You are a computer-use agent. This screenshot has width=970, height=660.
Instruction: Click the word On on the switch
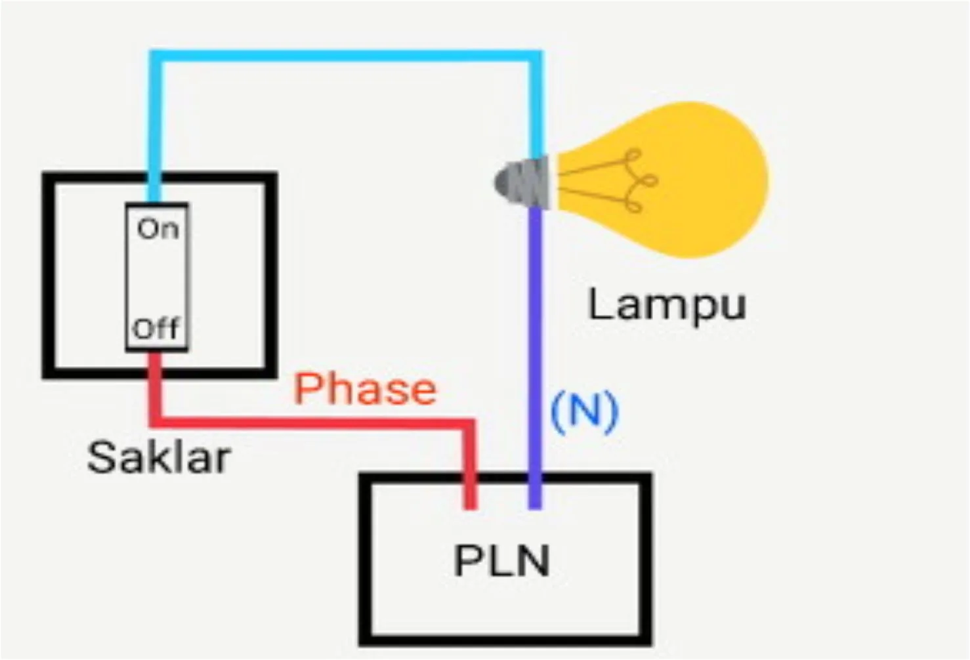(158, 229)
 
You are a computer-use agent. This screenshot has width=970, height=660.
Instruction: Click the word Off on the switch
(156, 328)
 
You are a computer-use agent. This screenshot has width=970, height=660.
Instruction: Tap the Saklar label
(159, 457)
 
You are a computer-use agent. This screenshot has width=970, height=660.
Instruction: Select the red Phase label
(365, 388)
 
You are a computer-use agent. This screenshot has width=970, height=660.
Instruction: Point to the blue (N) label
(584, 411)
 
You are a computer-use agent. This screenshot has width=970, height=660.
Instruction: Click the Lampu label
(667, 304)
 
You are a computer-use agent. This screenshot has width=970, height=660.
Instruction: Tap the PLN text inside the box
(502, 561)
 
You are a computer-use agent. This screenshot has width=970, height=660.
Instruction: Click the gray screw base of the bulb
(522, 182)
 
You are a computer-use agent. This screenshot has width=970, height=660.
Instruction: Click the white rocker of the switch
(158, 277)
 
